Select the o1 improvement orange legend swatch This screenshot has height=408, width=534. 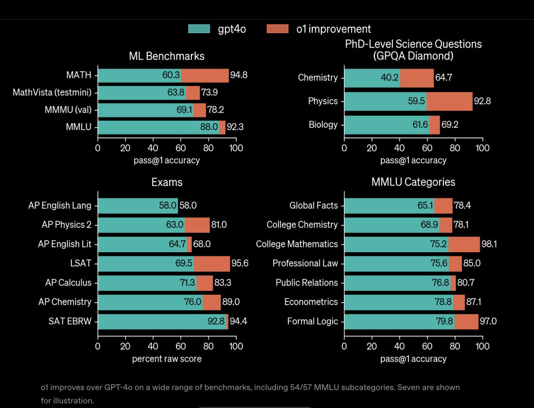click(277, 29)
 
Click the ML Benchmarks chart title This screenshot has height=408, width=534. click(167, 56)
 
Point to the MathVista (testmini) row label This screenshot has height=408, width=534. click(52, 92)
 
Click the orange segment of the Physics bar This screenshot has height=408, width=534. click(449, 101)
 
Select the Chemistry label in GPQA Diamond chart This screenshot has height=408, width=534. click(317, 78)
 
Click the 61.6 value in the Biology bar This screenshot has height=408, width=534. click(420, 125)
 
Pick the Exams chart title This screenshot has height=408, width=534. click(167, 182)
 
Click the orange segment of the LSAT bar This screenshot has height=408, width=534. click(212, 264)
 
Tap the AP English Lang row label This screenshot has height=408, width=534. click(60, 205)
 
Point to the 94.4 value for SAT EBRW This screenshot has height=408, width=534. click(238, 321)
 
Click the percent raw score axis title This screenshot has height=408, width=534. click(167, 359)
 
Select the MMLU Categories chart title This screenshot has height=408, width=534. click(413, 182)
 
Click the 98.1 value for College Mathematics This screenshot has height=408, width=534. click(489, 244)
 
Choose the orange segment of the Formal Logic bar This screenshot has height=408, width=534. click(466, 321)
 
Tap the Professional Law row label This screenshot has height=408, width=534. click(305, 264)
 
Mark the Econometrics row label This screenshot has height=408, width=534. click(311, 302)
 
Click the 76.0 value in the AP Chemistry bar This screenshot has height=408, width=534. click(192, 302)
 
